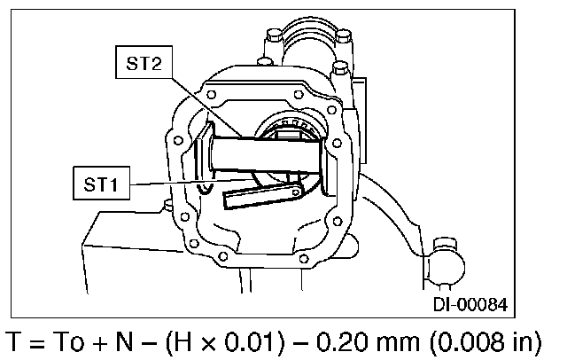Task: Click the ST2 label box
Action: [144, 62]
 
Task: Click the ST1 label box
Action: [101, 183]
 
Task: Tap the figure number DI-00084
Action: [470, 304]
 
